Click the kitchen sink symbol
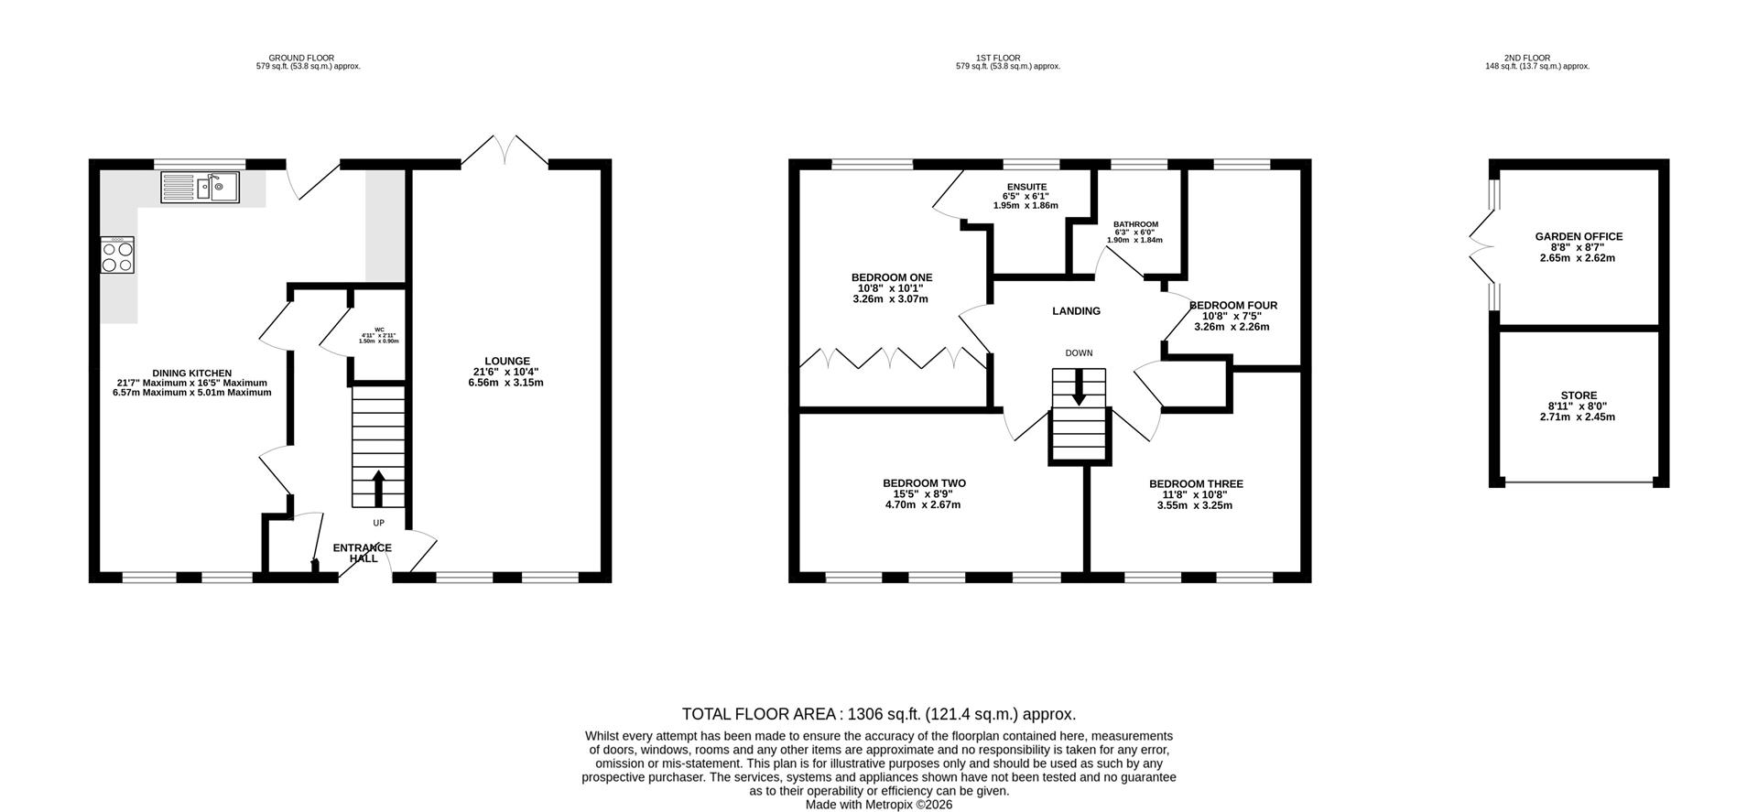click(201, 187)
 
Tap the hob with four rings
click(118, 254)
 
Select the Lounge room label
click(507, 361)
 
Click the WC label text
click(379, 330)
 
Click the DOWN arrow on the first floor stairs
click(1079, 386)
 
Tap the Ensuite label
click(1025, 187)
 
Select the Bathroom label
click(1135, 224)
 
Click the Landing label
click(1076, 311)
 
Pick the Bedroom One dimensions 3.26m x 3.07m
click(891, 298)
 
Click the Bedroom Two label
click(924, 483)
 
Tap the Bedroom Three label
click(1196, 484)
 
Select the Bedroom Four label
click(1232, 306)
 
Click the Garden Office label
click(1579, 237)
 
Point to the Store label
click(1579, 396)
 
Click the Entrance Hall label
click(363, 553)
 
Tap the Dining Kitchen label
click(191, 374)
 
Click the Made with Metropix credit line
click(879, 805)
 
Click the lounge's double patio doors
click(504, 152)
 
